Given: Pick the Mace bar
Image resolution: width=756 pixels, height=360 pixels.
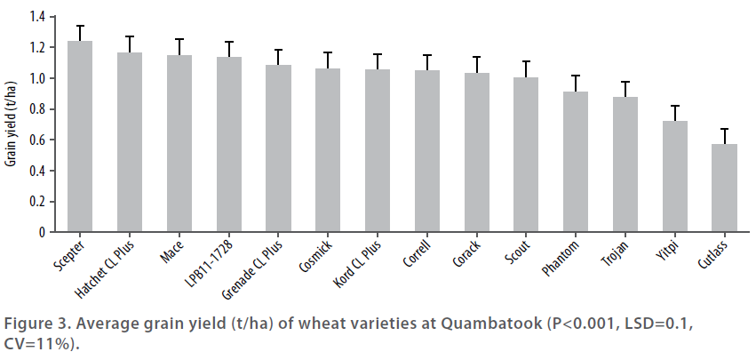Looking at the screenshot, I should pyautogui.click(x=179, y=143).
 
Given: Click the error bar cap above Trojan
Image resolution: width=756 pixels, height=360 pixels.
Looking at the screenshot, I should pyautogui.click(x=626, y=82).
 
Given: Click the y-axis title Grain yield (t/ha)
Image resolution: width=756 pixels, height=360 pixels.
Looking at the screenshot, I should pyautogui.click(x=12, y=125).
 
